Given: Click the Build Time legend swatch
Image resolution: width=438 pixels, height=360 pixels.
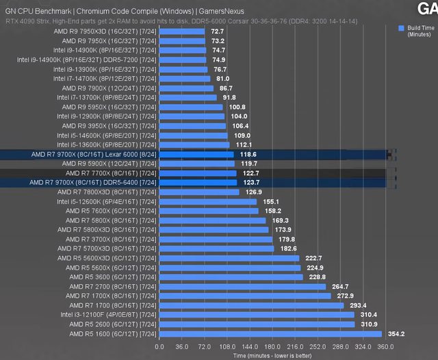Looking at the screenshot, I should click(400, 28).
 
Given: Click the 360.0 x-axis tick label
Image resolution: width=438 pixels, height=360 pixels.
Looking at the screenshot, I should click(385, 346).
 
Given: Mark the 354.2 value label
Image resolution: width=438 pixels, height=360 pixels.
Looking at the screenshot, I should click(397, 334).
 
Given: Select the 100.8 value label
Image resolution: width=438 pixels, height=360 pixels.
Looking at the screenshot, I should click(237, 107).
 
